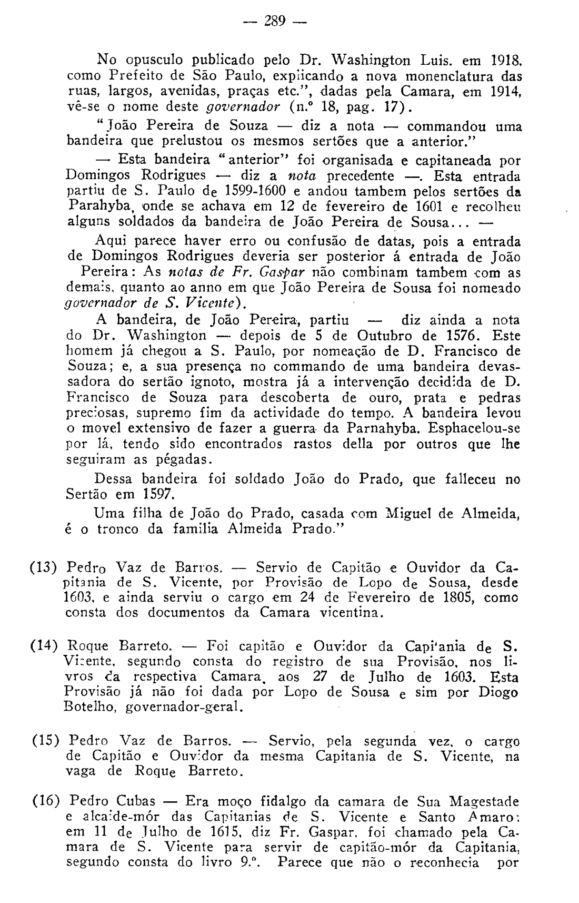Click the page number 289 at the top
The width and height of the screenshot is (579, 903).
point(275,21)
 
